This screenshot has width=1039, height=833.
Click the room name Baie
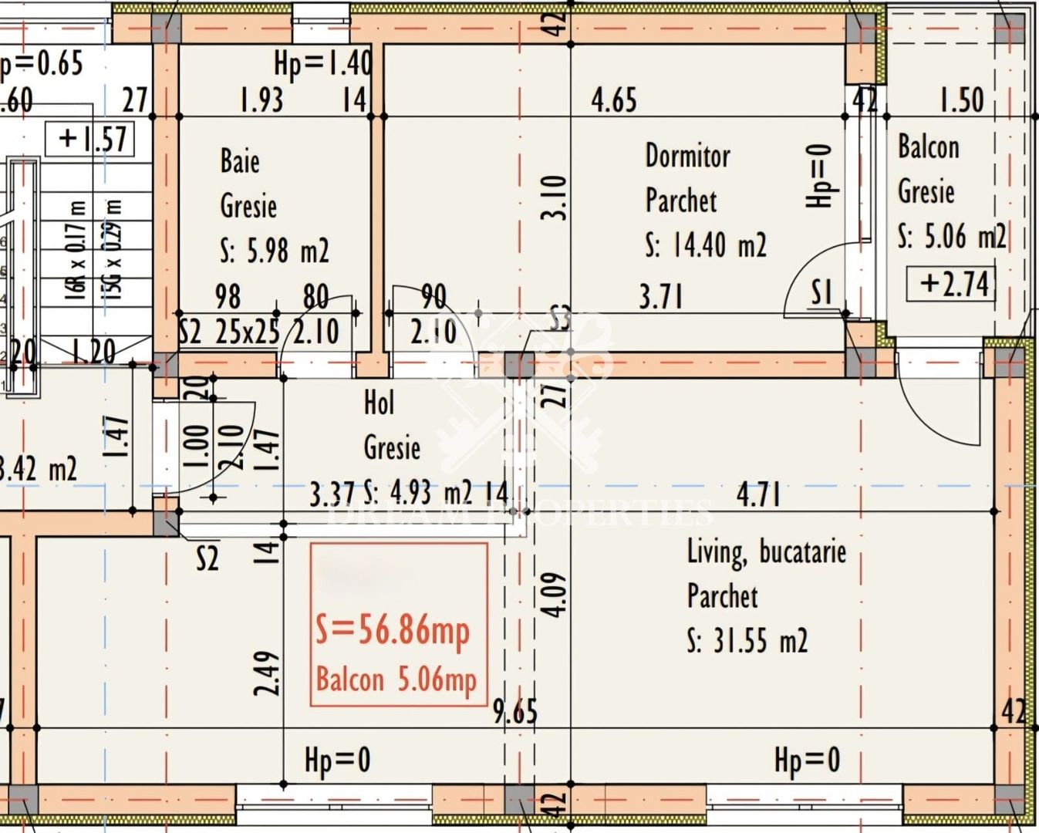click(240, 162)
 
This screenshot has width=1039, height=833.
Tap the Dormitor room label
click(687, 157)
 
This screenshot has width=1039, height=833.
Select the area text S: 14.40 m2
click(706, 246)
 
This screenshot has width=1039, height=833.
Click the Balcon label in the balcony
click(929, 147)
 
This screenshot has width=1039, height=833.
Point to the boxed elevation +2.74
click(953, 284)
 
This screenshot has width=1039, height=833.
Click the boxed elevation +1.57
click(91, 139)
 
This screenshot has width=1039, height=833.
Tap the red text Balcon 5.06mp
click(396, 680)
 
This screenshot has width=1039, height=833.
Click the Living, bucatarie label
click(766, 552)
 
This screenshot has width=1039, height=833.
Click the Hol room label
click(379, 403)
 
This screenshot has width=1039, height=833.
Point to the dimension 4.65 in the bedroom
click(614, 101)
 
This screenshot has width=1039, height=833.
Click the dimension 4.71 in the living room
click(758, 494)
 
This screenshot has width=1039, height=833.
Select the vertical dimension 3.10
click(555, 197)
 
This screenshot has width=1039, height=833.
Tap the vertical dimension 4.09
click(555, 594)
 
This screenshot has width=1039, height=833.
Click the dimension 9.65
click(515, 712)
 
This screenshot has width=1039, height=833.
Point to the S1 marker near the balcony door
click(822, 293)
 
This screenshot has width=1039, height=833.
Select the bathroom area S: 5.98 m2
click(275, 251)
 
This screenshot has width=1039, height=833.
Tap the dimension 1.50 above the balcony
click(961, 101)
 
